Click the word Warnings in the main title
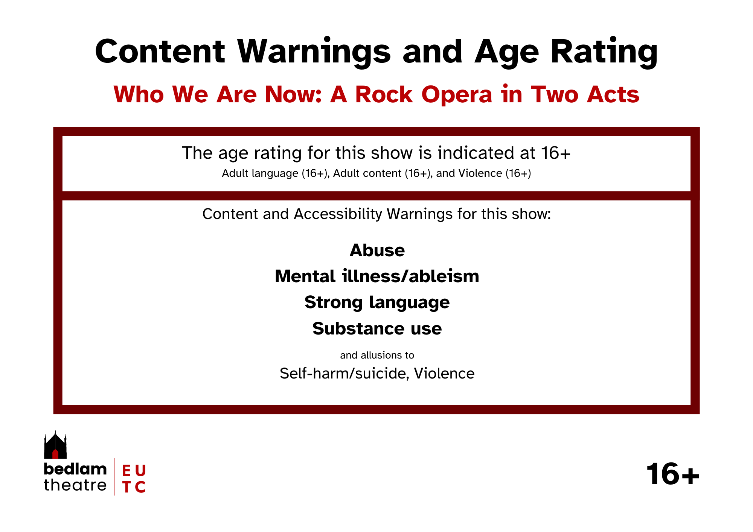point(314,52)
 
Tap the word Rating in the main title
point(604,52)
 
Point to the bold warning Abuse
point(377,250)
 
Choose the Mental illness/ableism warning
point(377,276)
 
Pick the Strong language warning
point(377,303)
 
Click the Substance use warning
point(377,328)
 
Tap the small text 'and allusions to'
point(377,355)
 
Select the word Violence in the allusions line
point(444,373)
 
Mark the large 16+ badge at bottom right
point(673,474)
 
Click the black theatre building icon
point(55,445)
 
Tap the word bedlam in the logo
point(75,469)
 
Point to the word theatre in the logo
point(75,485)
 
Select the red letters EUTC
point(134,479)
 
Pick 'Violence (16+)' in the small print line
point(495,173)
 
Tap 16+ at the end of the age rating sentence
point(556,153)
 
